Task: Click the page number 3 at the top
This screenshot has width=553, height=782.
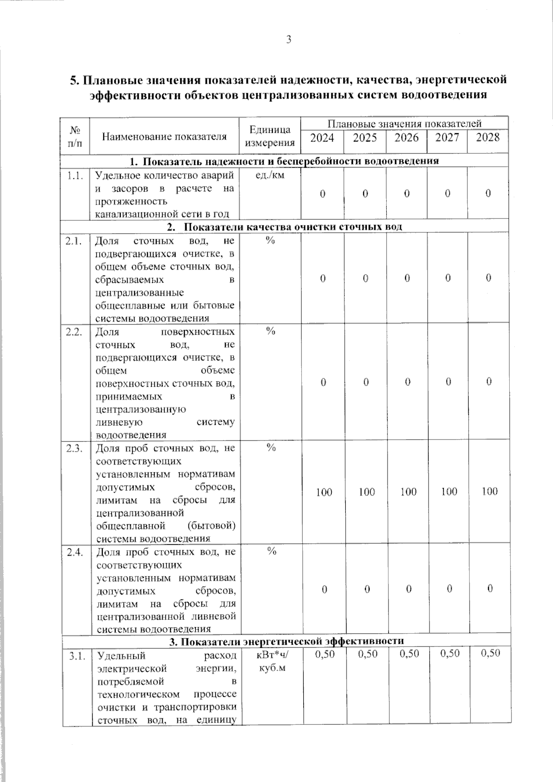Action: pos(289,40)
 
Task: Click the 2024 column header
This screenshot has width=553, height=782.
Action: pos(322,138)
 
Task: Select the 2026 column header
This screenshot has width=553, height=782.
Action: pos(406,138)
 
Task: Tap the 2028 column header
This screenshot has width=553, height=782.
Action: pos(488,137)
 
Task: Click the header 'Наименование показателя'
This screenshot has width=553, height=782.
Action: pos(164,136)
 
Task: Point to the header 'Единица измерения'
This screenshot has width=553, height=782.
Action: pos(270,136)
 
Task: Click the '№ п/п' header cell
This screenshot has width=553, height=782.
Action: pos(75,136)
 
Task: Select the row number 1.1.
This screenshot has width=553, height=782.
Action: pos(75,176)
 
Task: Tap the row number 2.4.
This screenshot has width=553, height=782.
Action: pos(75,552)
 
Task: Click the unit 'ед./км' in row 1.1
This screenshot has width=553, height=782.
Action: pos(270,175)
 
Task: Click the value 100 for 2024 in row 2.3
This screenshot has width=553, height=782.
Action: pos(324,492)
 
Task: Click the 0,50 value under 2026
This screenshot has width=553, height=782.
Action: pos(409,653)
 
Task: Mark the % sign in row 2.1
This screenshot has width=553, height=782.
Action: pos(270,241)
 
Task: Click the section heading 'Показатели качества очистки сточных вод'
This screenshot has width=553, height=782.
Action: pos(294,227)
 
